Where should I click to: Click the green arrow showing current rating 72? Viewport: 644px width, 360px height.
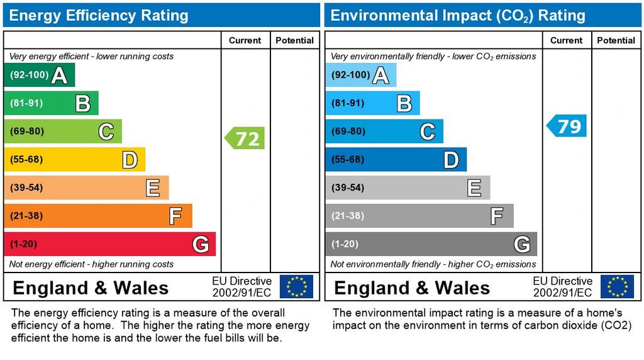[245, 138]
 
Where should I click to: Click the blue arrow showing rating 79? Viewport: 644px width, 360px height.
[567, 126]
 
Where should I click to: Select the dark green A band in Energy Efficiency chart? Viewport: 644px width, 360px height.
[39, 76]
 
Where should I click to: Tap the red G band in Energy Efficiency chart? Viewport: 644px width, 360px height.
[109, 244]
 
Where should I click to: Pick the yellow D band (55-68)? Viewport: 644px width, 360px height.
[74, 159]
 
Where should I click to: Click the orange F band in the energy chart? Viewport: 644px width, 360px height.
[97, 216]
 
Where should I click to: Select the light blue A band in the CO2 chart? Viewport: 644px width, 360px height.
[360, 76]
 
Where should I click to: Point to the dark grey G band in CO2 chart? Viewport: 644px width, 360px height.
[431, 244]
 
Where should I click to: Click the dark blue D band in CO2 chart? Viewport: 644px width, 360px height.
[396, 159]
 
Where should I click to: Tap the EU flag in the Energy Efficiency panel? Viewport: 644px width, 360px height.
[296, 286]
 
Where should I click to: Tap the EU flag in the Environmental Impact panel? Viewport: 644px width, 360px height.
[617, 286]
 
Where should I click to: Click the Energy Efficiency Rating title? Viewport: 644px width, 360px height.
[99, 15]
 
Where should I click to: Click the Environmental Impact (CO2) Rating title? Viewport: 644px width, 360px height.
[458, 15]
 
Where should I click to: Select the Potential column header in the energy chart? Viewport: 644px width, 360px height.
[294, 40]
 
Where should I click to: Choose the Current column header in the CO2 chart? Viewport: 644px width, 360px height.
[566, 40]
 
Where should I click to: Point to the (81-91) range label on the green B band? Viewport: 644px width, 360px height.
[26, 103]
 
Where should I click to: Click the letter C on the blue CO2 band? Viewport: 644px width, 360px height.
[427, 132]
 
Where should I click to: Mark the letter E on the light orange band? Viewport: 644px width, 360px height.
[152, 188]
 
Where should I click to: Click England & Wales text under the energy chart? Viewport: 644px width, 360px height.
[91, 288]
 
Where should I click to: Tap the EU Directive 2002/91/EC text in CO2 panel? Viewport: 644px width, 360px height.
[562, 287]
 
